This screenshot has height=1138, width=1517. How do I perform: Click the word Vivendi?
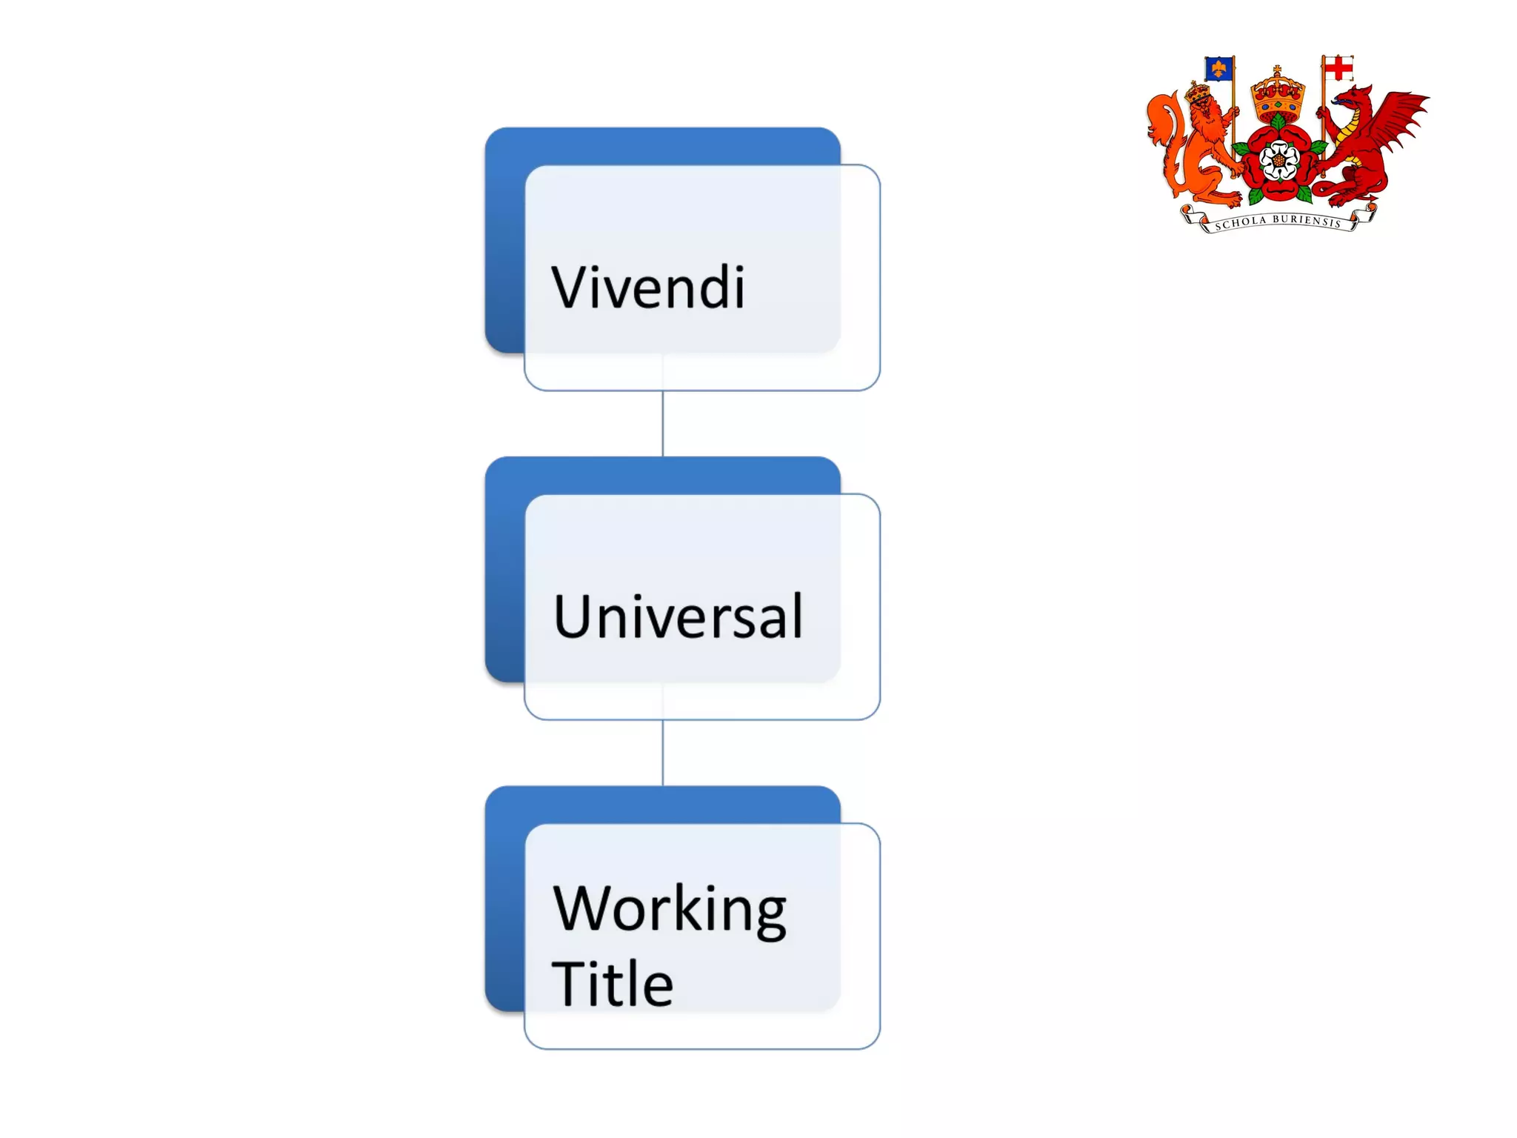pos(648,287)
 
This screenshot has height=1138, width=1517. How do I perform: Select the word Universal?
pos(678,616)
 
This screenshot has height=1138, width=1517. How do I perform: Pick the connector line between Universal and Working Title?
pos(662,753)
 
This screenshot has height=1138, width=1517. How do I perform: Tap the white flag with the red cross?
pos(1338,69)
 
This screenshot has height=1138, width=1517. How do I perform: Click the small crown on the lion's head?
pos(1197,93)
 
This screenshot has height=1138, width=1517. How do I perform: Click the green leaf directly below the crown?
pos(1278,121)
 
